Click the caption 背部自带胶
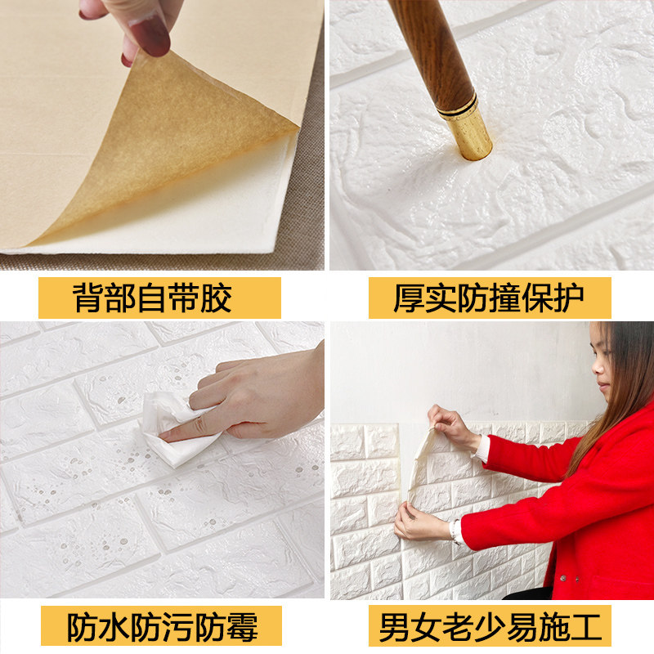[152, 298]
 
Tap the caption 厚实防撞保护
[489, 298]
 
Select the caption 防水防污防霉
[163, 627]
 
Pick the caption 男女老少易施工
[490, 627]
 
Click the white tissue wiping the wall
[175, 430]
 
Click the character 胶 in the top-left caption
[216, 298]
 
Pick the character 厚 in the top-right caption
[410, 298]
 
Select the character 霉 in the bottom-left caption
[242, 627]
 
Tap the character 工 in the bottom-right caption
[586, 627]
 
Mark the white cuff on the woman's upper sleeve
[482, 450]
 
